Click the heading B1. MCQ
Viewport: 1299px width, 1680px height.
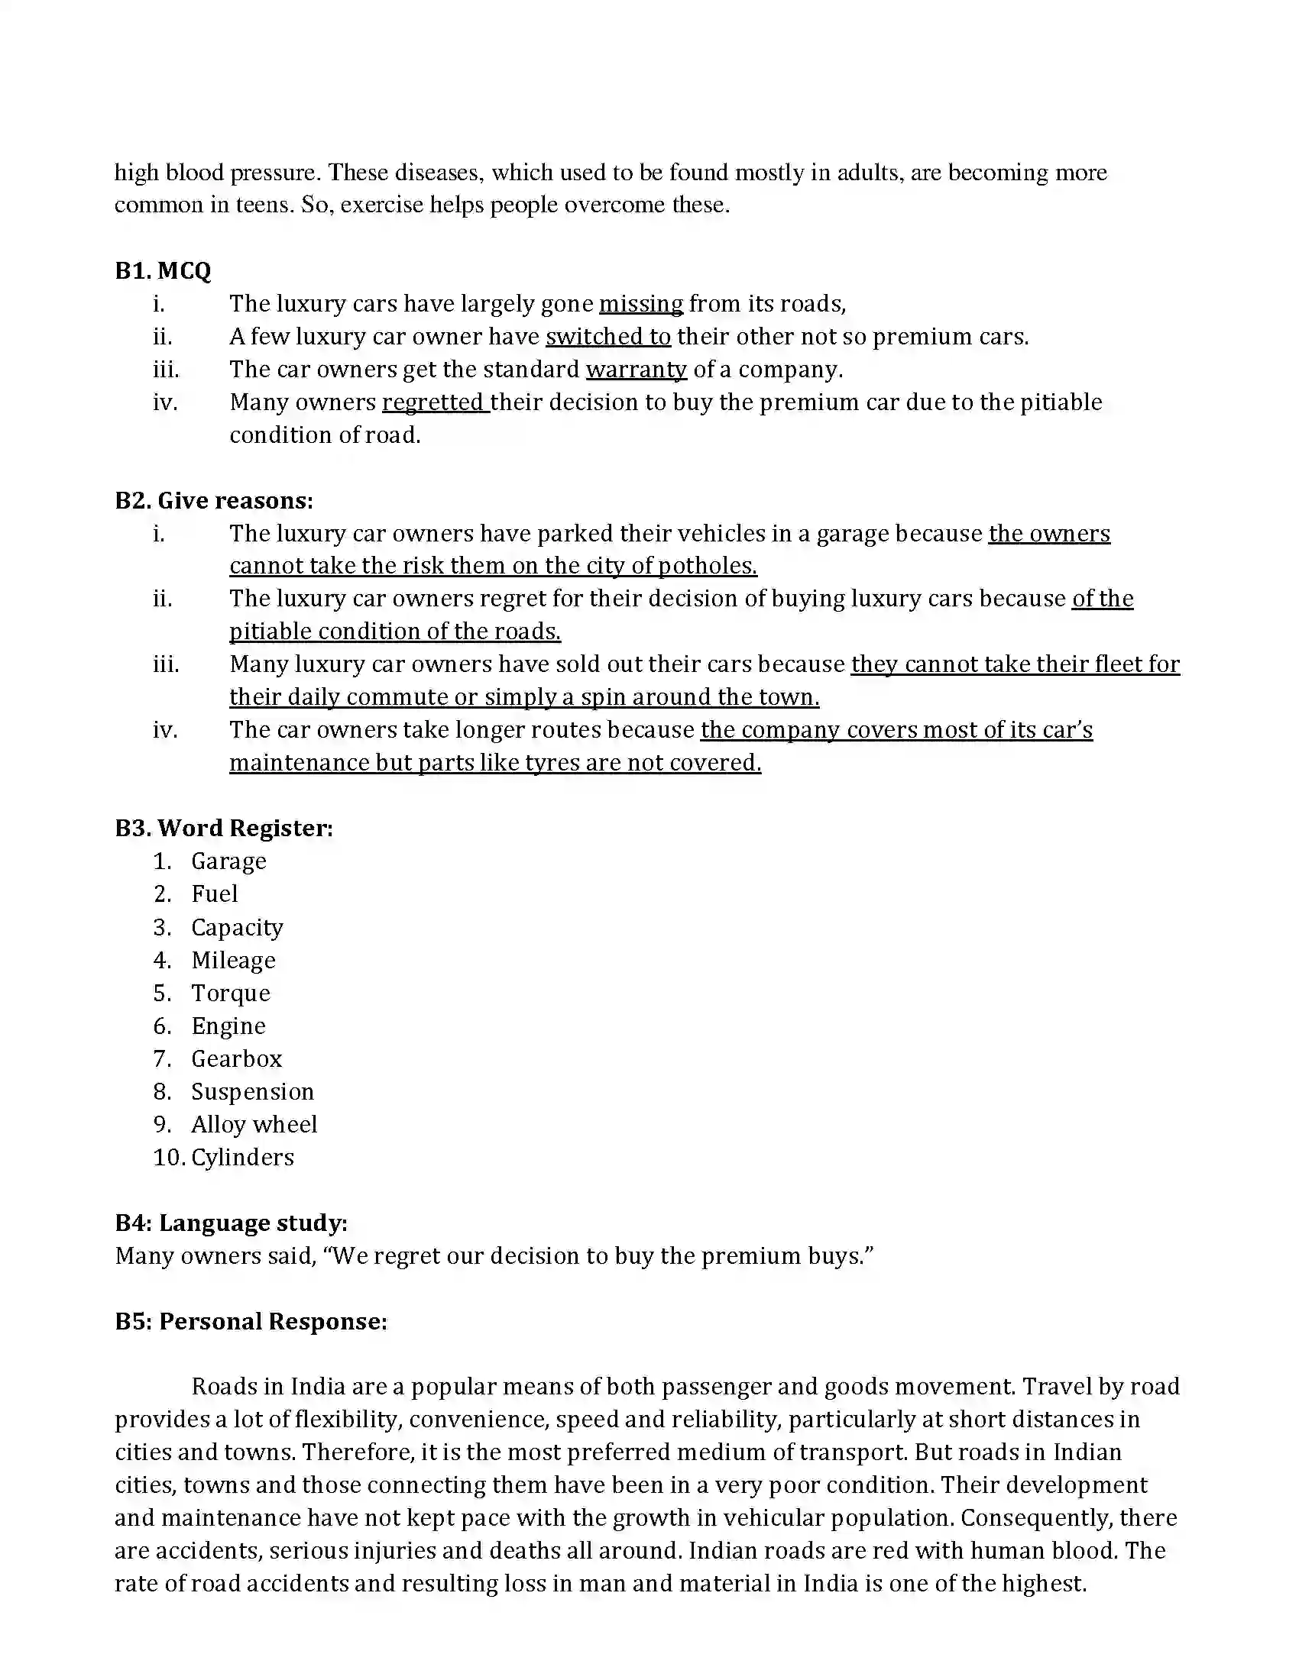tap(162, 271)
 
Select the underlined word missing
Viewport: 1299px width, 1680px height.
tap(640, 304)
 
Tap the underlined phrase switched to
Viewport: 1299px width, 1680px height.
tap(608, 337)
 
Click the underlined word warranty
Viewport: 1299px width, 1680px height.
tap(636, 370)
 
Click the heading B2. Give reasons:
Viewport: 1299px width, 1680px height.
tap(214, 501)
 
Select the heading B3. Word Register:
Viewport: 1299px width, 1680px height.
tap(224, 829)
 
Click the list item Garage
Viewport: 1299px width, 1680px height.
tap(228, 861)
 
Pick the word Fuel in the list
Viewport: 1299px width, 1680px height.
tap(215, 894)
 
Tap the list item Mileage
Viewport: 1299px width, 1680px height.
tap(233, 960)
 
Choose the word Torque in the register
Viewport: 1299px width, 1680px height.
tap(231, 993)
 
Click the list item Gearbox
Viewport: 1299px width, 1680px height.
tap(236, 1059)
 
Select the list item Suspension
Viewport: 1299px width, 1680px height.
tap(252, 1091)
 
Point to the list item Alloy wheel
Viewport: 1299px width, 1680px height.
tap(254, 1125)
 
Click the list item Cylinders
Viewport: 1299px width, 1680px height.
tap(242, 1158)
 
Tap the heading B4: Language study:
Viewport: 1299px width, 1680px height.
tap(231, 1223)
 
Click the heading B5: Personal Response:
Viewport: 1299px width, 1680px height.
tap(251, 1322)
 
